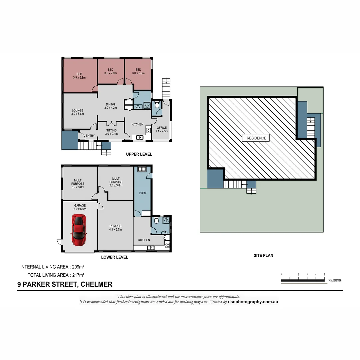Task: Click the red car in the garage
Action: [x=79, y=230]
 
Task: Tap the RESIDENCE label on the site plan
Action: [x=256, y=138]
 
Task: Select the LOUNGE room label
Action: [x=77, y=112]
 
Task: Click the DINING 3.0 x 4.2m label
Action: [x=110, y=106]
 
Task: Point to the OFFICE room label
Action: [x=162, y=129]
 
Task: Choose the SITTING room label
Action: [x=111, y=132]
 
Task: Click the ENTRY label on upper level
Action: [x=90, y=136]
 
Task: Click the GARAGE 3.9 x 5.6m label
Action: [x=80, y=207]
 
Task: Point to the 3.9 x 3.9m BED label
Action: [x=79, y=76]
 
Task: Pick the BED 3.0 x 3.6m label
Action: [x=138, y=71]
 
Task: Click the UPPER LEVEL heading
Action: [x=139, y=154]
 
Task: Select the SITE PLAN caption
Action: [x=263, y=256]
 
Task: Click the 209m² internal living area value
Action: [x=78, y=267]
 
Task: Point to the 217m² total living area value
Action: [x=78, y=275]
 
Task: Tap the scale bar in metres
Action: [x=303, y=280]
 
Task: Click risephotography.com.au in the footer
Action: [x=253, y=302]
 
